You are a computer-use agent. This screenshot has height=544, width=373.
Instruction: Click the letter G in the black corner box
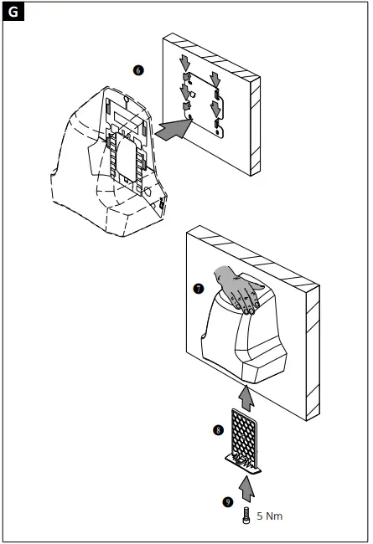pos(14,13)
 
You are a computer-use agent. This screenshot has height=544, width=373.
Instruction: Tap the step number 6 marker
pos(139,70)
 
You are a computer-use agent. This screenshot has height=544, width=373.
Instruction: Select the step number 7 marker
pos(199,289)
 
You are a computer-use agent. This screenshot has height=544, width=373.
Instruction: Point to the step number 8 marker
pos(218,429)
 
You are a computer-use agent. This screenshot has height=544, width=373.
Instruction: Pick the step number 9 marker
pos(227,502)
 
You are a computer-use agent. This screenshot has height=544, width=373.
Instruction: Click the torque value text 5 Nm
pos(269,516)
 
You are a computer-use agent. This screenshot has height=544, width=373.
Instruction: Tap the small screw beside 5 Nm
pos(246,516)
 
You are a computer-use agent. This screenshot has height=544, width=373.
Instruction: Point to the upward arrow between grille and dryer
pos(246,394)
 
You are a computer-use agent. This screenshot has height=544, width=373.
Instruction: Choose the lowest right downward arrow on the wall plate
pos(217,109)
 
